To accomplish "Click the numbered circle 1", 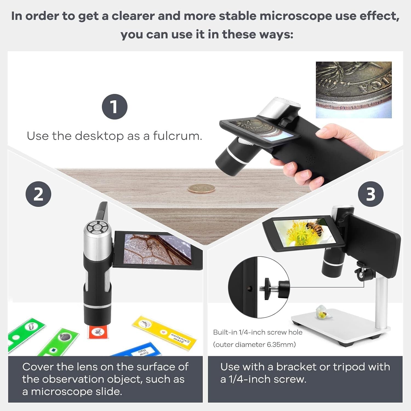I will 115,107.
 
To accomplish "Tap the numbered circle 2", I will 38,194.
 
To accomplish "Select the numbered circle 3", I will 370,194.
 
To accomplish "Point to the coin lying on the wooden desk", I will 201,189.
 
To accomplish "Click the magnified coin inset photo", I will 353,90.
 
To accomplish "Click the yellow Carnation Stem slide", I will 164,332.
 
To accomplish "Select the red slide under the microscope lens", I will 98,332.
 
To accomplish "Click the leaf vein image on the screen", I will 157,249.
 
